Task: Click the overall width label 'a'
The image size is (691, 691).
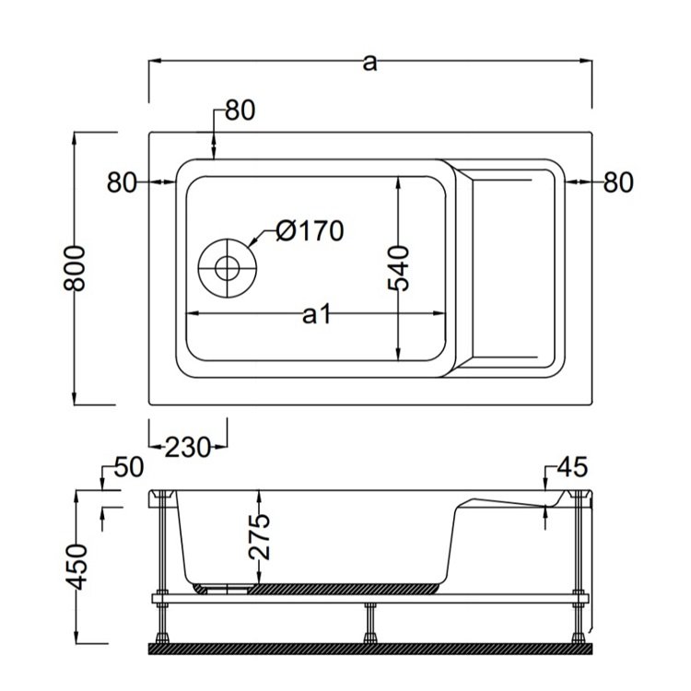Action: tap(369, 63)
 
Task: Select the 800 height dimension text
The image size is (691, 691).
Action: tap(74, 268)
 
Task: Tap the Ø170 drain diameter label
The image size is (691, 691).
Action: tap(310, 230)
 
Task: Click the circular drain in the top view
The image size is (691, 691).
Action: tap(228, 268)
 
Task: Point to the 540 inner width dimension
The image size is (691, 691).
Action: tap(398, 268)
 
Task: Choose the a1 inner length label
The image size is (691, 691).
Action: tap(316, 315)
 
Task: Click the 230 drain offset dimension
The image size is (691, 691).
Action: tap(187, 447)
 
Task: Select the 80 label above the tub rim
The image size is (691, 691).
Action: tap(240, 111)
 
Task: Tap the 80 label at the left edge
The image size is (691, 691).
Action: tap(122, 182)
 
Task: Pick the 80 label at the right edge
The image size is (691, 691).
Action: tap(618, 182)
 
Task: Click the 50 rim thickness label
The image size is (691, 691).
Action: tap(129, 467)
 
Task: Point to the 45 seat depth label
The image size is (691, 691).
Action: tap(572, 467)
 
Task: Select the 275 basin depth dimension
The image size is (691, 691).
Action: tap(259, 536)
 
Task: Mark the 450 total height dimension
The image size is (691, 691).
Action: tap(76, 567)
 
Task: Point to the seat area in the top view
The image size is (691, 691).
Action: tap(511, 268)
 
